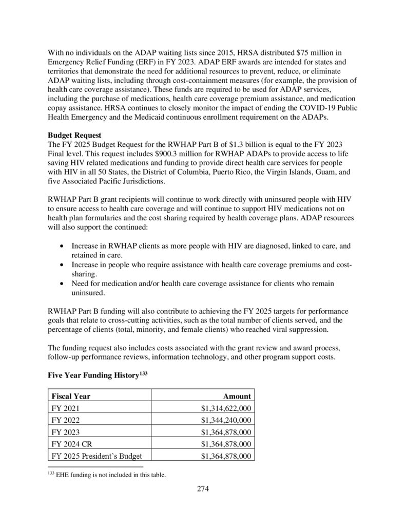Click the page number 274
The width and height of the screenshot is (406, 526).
pos(203,489)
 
